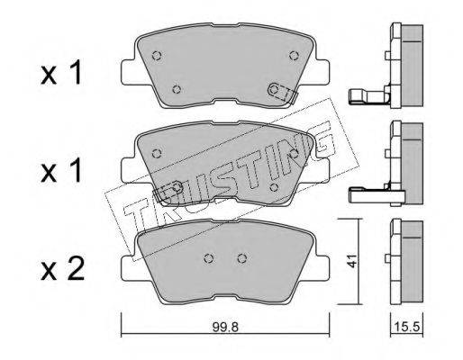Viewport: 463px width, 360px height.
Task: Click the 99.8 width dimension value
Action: coord(225,327)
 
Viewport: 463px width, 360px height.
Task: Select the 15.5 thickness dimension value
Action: coord(406,327)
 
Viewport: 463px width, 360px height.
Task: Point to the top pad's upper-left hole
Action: coord(157,56)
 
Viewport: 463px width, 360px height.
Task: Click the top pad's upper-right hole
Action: coord(294,55)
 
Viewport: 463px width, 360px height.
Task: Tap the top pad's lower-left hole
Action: coord(177,89)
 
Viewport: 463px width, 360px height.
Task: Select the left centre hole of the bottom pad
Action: coord(208,258)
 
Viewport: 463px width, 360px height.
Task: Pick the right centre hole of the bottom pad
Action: coord(242,258)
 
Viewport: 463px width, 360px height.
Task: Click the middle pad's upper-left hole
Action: coord(157,153)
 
